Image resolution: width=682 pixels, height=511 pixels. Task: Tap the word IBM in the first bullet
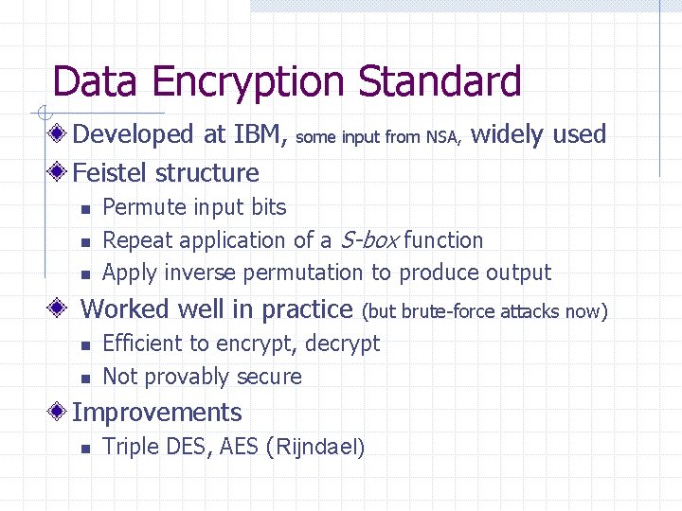260,134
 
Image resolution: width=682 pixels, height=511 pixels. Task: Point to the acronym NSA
442,137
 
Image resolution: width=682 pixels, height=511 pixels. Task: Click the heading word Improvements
157,413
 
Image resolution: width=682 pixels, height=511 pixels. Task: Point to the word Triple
129,447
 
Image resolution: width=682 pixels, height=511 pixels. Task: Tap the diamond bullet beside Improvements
60,413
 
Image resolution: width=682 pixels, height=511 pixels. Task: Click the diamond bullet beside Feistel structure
60,173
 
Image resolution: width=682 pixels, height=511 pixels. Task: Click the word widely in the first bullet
507,134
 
